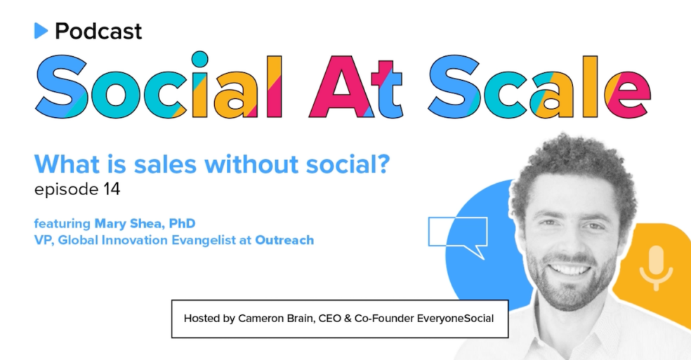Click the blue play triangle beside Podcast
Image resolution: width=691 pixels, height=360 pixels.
[41, 31]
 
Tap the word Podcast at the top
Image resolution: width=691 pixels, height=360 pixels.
[98, 32]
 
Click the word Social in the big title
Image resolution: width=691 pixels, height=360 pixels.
[159, 85]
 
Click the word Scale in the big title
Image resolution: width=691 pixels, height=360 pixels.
[539, 86]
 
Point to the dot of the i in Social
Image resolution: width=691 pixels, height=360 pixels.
[199, 60]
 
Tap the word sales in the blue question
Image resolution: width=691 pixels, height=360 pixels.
[165, 164]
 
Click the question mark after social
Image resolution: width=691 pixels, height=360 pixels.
[383, 164]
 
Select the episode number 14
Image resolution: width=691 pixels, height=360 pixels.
[112, 189]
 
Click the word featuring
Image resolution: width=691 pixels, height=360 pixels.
[62, 224]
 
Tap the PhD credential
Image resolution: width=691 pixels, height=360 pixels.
[182, 223]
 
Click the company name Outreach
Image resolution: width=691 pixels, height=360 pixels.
[284, 240]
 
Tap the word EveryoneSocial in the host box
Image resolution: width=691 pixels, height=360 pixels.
[455, 319]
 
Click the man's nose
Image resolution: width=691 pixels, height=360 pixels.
[571, 240]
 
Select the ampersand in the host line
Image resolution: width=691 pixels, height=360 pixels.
[348, 319]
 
